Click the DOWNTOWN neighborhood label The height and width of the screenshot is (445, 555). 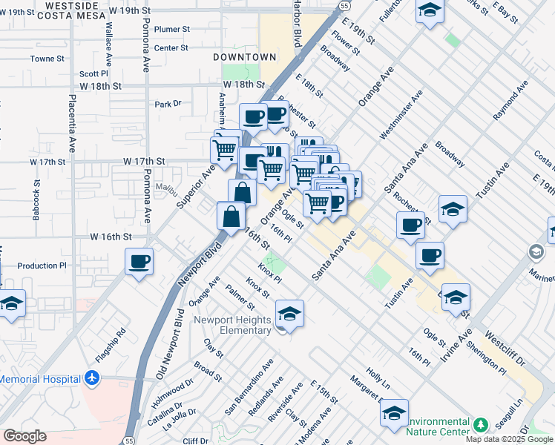(x=244, y=57)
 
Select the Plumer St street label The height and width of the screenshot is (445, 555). (x=172, y=29)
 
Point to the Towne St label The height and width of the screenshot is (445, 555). (x=43, y=59)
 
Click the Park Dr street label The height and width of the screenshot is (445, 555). (x=168, y=105)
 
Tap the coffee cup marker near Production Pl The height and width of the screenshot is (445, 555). (x=139, y=262)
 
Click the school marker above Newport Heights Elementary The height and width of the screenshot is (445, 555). (x=289, y=314)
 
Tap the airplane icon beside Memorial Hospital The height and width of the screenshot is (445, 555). (x=91, y=378)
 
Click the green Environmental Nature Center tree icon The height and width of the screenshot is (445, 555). (x=480, y=425)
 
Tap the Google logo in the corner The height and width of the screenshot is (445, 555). (x=24, y=436)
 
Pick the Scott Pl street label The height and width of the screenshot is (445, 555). (x=94, y=73)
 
